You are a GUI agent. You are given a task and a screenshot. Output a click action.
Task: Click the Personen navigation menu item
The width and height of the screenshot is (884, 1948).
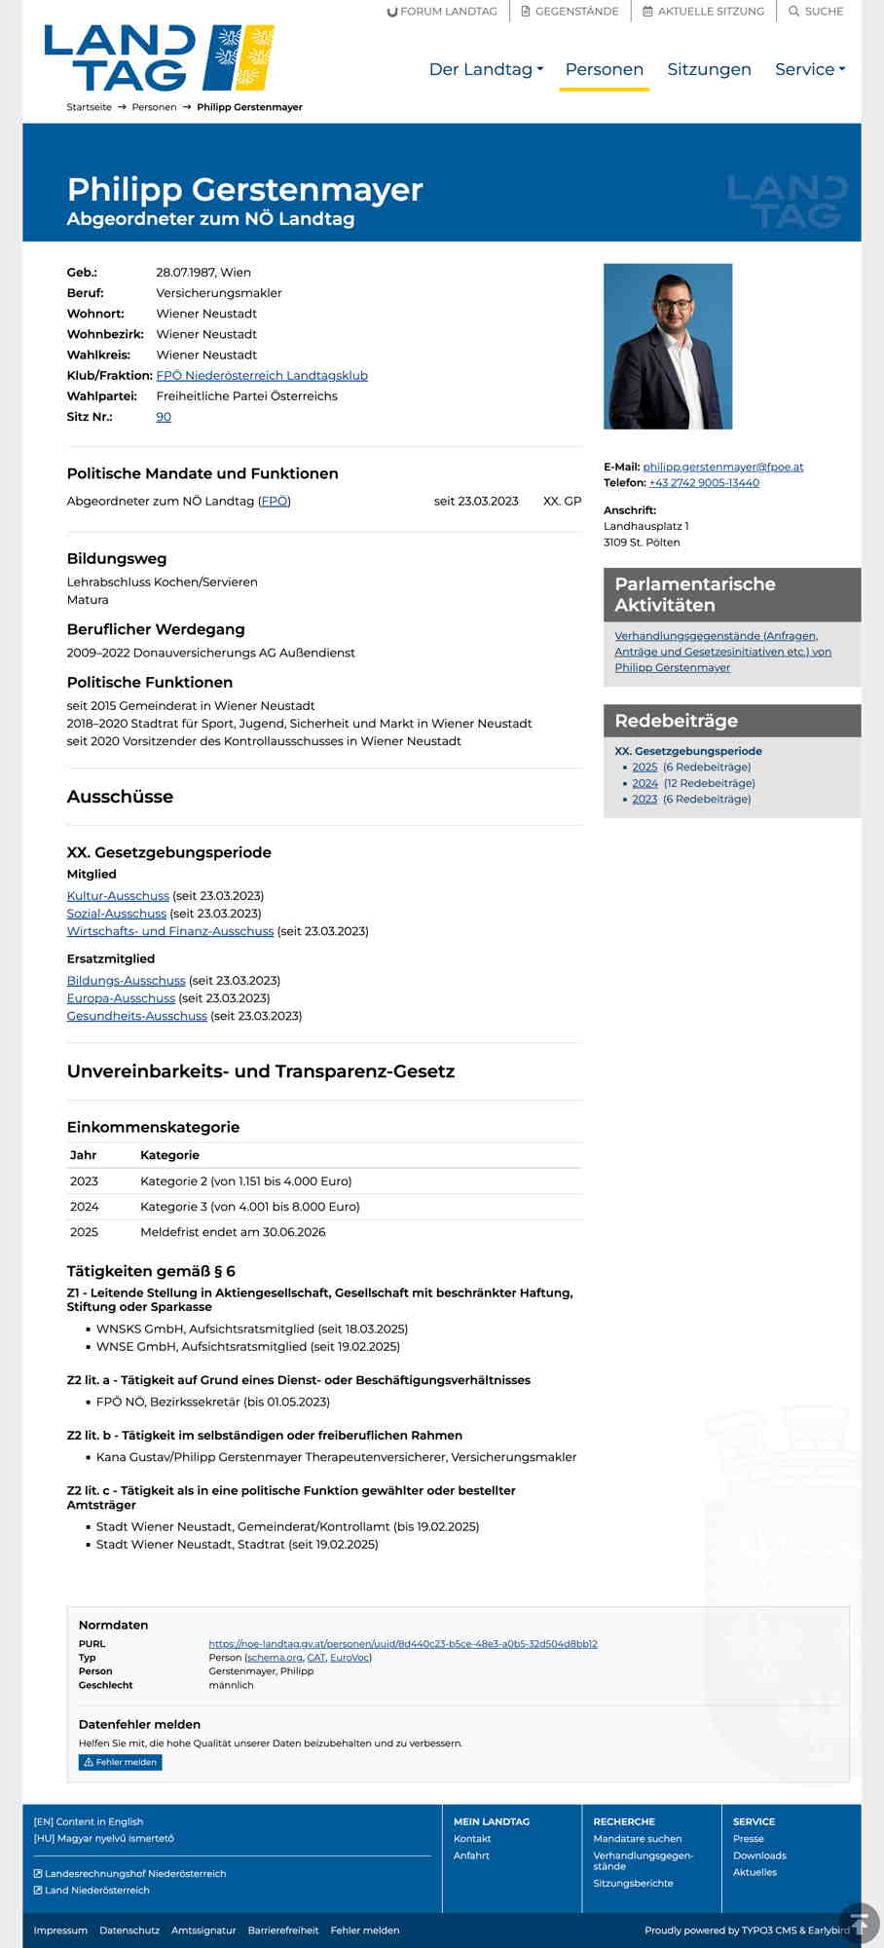coord(604,69)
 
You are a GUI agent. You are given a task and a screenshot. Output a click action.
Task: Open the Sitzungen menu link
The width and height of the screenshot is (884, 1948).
coord(709,69)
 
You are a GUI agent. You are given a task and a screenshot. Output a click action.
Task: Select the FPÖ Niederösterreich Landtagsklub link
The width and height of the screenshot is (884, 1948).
coord(262,376)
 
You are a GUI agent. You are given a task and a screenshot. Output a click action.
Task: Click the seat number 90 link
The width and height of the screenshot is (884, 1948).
coord(164,417)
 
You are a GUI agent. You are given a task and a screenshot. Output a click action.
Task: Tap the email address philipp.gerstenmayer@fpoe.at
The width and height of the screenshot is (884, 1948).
coord(723,468)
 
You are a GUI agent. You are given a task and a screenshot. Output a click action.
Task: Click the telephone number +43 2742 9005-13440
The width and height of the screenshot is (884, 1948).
coord(704,483)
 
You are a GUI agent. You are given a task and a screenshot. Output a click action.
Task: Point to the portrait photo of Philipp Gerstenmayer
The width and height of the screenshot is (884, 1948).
coord(668,346)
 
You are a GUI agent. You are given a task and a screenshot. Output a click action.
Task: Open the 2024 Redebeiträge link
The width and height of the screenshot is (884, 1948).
coord(645,783)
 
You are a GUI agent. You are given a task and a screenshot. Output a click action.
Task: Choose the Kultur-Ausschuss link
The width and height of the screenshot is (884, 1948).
coord(118,896)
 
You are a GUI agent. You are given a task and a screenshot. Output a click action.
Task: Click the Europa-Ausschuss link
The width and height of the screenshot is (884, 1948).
coord(121,998)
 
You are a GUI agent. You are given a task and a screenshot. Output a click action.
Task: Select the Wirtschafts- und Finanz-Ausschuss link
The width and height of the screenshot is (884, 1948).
coord(170,931)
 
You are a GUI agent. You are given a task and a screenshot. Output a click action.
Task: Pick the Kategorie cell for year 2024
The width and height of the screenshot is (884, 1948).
coord(250,1207)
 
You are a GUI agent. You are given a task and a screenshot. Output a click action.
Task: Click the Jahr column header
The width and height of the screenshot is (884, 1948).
coord(84,1155)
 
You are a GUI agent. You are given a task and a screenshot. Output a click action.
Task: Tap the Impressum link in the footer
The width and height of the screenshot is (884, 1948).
coord(60,1930)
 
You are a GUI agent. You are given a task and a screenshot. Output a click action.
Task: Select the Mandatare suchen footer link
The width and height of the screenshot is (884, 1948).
coord(638,1839)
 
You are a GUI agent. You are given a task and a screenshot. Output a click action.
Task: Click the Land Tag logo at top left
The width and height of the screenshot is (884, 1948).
coord(159,58)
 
